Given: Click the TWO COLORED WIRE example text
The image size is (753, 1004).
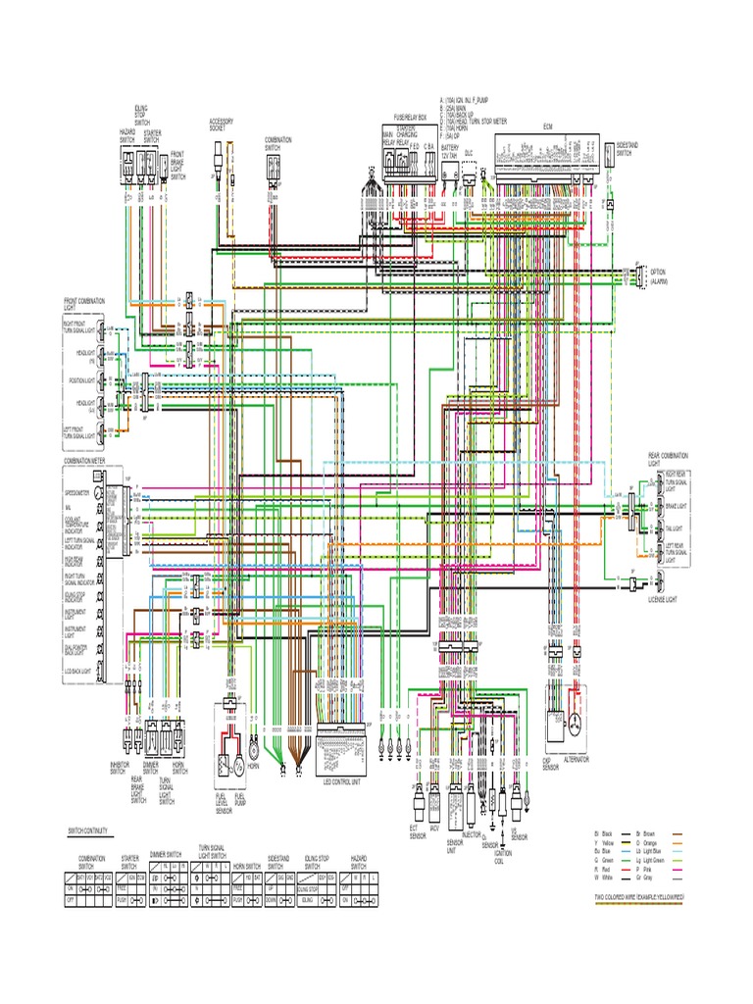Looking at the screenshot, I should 637,897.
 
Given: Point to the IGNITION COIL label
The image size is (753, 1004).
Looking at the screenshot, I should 503,854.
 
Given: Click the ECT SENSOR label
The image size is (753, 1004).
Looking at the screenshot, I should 420,831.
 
